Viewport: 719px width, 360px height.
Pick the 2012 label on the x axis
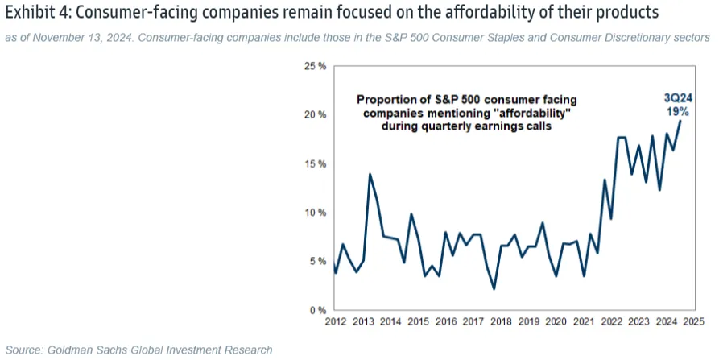coord(335,322)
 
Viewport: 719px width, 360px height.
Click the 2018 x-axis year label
coord(500,322)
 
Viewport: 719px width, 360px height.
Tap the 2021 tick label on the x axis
coord(583,322)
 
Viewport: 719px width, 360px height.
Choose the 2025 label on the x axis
coord(693,322)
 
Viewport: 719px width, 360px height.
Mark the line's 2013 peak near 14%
coord(370,174)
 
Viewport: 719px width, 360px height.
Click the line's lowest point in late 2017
coord(494,288)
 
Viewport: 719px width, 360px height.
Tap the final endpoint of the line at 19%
coord(680,122)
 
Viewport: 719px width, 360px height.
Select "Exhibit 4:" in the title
coord(39,14)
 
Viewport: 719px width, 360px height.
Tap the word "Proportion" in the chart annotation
coord(386,99)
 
